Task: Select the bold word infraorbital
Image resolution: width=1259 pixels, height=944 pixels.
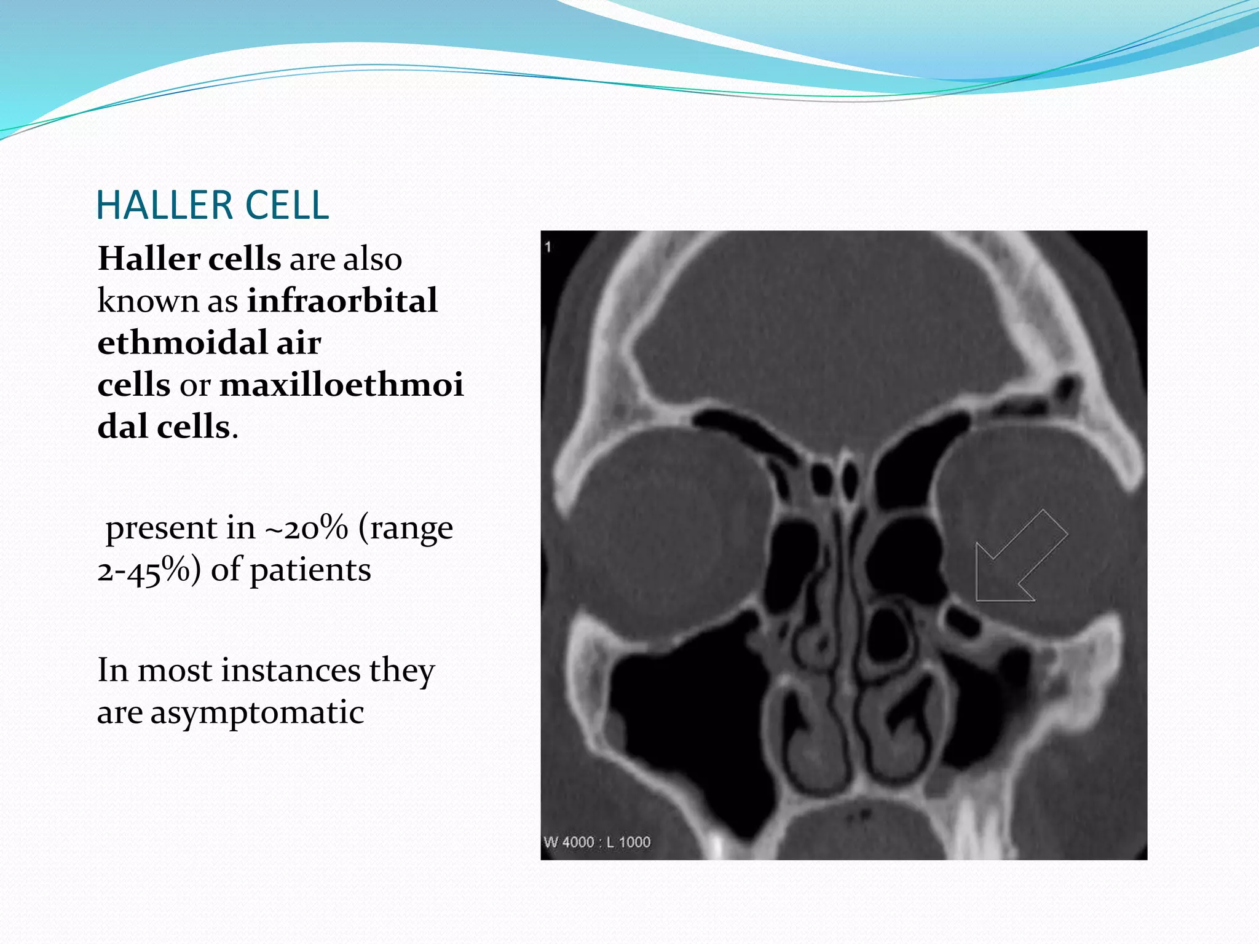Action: [342, 301]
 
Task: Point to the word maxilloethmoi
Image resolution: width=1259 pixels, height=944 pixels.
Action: [341, 385]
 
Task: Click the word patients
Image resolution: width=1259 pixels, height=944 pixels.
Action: [310, 570]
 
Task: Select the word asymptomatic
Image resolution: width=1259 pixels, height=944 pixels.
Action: [258, 713]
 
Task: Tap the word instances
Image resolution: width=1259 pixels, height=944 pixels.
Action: [291, 671]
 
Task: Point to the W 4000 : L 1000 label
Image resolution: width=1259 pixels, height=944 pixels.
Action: [597, 842]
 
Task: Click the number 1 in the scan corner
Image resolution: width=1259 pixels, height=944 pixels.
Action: [548, 247]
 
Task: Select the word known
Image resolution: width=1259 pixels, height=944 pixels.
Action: [148, 301]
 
